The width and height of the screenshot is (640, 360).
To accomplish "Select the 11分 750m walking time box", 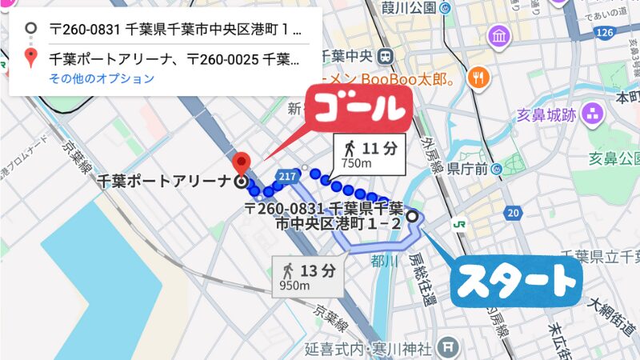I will (x=370, y=153).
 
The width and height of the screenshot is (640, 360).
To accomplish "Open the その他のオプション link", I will (x=102, y=78).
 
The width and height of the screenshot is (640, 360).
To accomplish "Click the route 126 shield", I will (x=605, y=31).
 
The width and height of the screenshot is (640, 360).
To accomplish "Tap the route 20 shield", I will (x=513, y=212).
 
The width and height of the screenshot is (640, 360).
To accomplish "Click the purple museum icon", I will (x=501, y=36).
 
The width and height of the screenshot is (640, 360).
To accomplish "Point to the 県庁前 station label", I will (x=468, y=169).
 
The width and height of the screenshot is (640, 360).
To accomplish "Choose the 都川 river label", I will (x=384, y=260).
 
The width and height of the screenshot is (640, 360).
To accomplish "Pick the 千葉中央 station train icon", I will (x=386, y=57).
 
